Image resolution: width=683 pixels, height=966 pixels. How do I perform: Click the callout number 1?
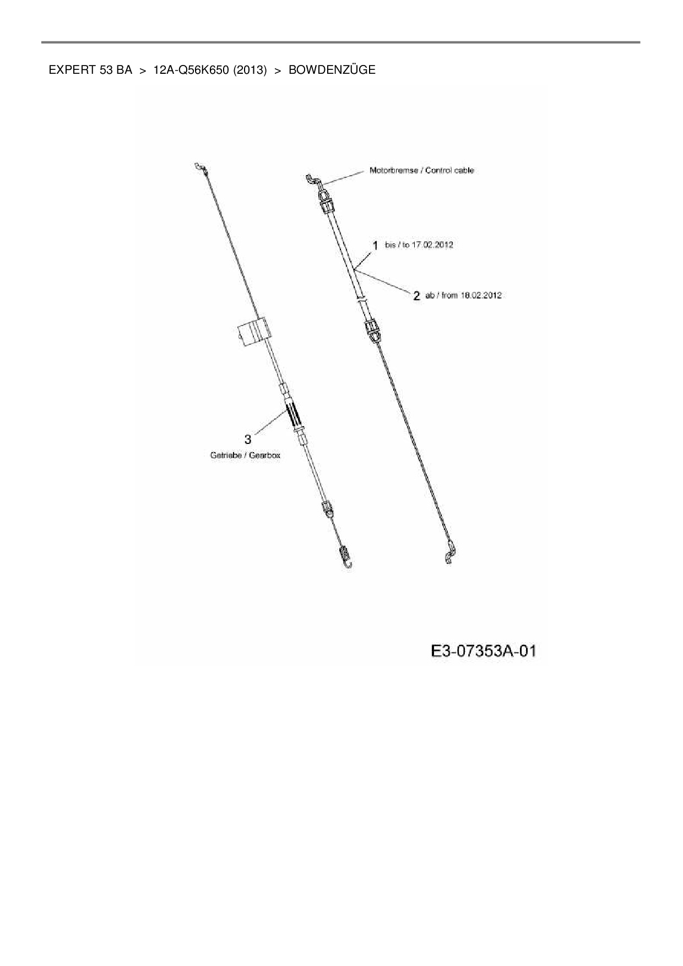[x=375, y=245]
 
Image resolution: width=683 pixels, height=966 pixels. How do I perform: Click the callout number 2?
[x=417, y=296]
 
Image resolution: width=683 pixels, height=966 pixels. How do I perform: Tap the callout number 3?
[x=248, y=439]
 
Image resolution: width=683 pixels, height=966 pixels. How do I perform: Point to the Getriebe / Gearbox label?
[x=245, y=455]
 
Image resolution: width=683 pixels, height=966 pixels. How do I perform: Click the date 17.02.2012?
[x=432, y=245]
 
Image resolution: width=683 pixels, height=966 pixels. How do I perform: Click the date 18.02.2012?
[x=480, y=295]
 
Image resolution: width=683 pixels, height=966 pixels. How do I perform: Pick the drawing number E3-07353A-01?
[x=484, y=651]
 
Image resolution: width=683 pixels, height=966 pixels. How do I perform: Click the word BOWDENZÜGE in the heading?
[x=332, y=70]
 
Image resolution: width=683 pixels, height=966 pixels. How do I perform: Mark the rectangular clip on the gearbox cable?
[x=252, y=333]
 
